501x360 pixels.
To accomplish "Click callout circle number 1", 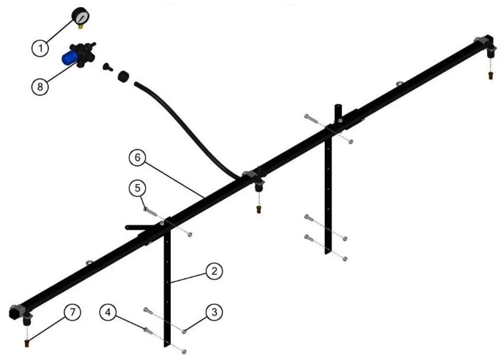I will tap(40, 48).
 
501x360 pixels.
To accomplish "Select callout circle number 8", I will tap(40, 86).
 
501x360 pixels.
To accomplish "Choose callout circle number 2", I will tap(215, 271).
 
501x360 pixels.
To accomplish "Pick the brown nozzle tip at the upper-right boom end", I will tap(490, 75).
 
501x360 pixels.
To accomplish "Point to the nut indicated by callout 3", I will tap(184, 331).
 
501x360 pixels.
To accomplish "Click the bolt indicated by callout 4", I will tap(148, 330).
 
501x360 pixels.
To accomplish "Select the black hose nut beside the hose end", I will tap(123, 77).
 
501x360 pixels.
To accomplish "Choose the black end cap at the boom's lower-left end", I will tap(14, 313).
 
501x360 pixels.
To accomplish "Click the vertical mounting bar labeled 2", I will tap(167, 289).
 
